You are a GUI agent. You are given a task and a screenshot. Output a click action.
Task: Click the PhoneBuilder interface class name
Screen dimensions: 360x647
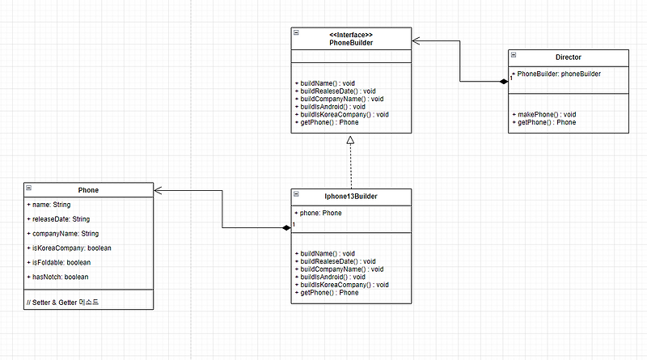point(351,42)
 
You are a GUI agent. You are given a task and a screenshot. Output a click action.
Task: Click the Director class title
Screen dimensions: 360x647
point(569,57)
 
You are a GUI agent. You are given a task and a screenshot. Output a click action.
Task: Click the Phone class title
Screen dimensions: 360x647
point(88,190)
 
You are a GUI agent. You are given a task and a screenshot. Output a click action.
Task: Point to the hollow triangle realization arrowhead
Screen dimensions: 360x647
point(351,140)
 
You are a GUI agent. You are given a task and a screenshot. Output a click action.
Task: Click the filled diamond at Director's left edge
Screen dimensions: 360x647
point(504,81)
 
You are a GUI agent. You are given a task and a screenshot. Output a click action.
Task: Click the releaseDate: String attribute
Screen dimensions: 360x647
point(58,219)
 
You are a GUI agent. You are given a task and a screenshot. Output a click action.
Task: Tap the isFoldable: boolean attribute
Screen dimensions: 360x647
point(58,262)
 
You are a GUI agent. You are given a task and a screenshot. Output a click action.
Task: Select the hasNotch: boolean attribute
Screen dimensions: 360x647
point(57,277)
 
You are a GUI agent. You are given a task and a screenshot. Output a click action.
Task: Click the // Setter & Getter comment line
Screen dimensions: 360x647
point(62,302)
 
